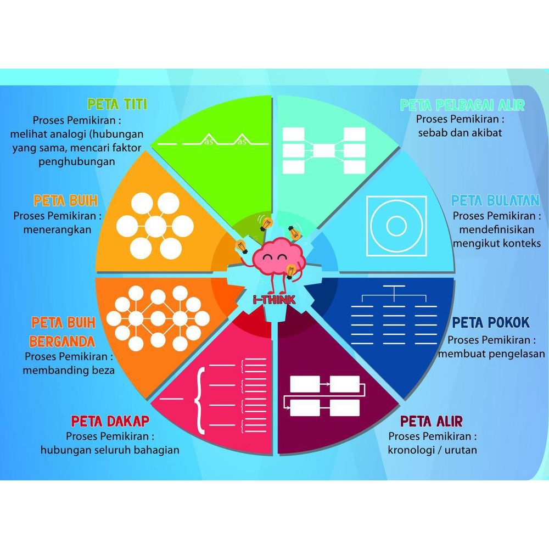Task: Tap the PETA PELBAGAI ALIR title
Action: point(462,105)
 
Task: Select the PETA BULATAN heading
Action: point(495,199)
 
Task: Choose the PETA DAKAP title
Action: point(110,421)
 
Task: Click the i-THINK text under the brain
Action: point(274,299)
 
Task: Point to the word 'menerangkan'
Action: point(57,229)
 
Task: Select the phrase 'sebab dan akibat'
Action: point(460,132)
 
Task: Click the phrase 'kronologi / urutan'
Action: point(433,450)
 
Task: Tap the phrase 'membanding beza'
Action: point(69,370)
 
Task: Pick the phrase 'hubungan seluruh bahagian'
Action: point(110,450)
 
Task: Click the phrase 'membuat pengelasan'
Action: point(491,354)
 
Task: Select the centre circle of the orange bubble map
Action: point(156,225)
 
